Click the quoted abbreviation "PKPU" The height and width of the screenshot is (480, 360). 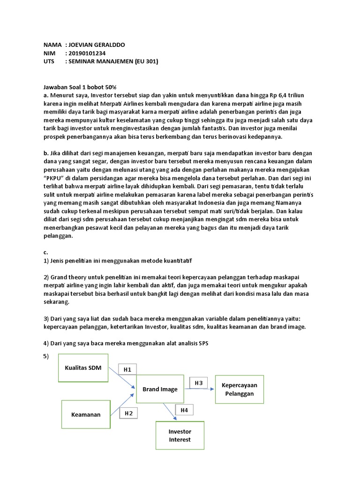point(54,179)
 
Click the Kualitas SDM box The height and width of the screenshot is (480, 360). point(83,367)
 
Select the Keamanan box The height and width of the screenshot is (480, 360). point(86,414)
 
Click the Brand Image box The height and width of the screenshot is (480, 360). point(160,389)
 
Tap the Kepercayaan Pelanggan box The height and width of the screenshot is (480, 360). point(236,389)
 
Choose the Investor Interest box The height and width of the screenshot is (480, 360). point(180,435)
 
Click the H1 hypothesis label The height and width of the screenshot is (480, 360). point(127,370)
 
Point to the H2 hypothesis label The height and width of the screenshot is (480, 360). point(128,413)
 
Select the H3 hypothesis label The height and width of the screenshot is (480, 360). point(198,383)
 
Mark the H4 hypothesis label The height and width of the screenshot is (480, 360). point(184,410)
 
